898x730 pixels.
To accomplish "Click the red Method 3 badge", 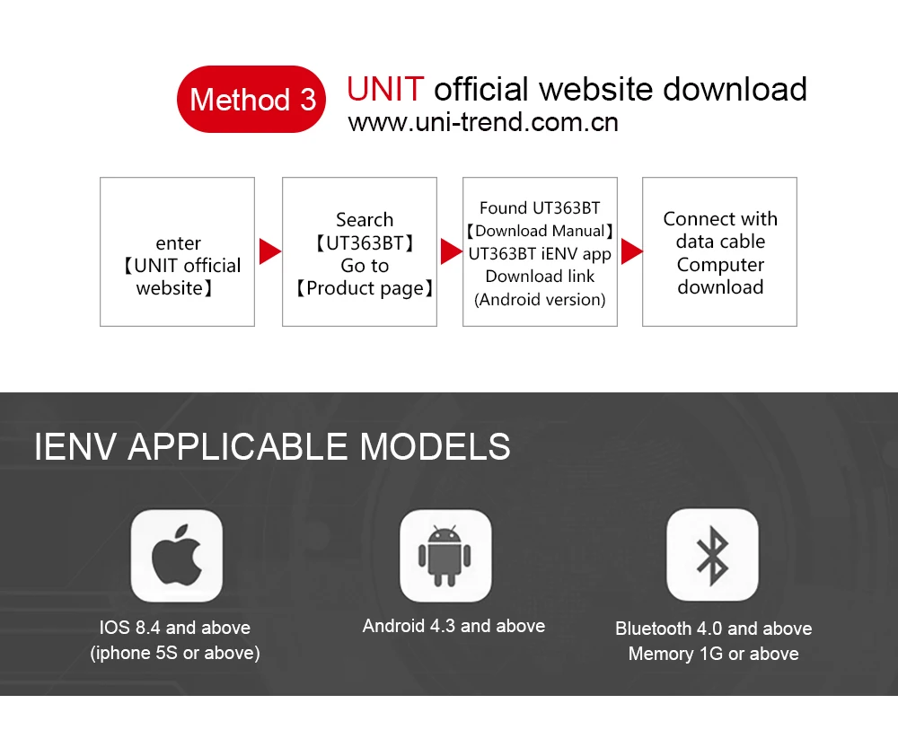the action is tap(252, 99).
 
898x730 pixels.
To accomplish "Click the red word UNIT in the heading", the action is tap(385, 89).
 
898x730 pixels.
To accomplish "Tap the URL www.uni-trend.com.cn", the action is tap(483, 122).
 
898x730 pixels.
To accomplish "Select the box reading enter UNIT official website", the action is tap(177, 251).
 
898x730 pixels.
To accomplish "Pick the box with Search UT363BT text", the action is tap(359, 251).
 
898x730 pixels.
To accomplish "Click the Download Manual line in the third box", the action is tap(540, 231).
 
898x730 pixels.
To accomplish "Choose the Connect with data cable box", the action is tap(719, 251).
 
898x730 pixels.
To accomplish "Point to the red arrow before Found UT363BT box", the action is tap(451, 251).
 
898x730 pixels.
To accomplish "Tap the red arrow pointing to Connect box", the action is tap(631, 251).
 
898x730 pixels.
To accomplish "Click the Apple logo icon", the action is tap(177, 555).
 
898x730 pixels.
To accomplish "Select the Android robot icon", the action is tap(445, 555).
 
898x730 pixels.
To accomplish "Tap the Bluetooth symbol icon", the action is tap(712, 555).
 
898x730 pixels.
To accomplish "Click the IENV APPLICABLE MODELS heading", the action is tap(272, 446).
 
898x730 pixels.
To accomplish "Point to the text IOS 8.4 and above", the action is tap(175, 628).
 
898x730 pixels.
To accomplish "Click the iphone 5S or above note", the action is tap(175, 653).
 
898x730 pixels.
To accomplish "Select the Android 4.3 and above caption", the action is tap(453, 626).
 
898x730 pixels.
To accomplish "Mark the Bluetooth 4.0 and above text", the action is tap(713, 629).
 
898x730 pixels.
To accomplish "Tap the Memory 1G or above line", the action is tap(713, 654).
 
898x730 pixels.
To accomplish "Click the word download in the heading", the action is tap(734, 89).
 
